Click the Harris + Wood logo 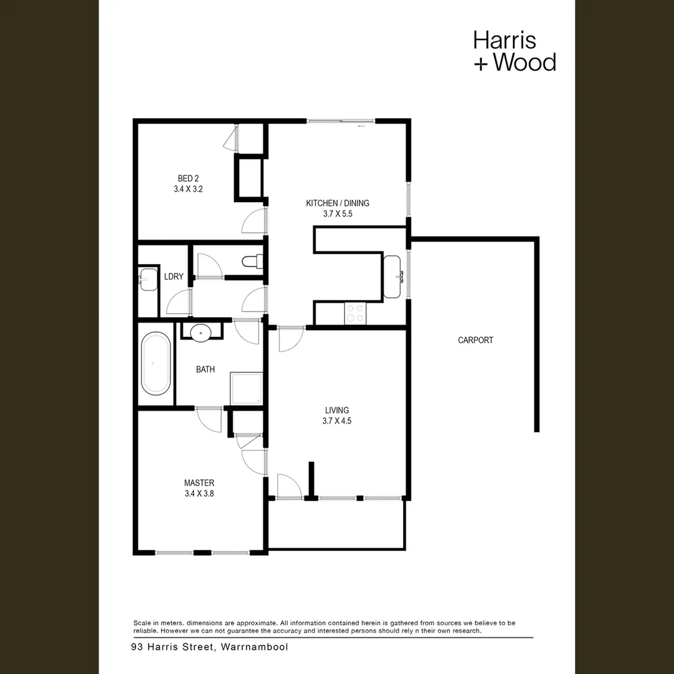[514, 51]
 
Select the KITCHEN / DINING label [337, 203]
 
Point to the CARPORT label [476, 340]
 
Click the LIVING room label [337, 410]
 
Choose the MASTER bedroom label [199, 482]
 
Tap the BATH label [205, 369]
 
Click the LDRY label [173, 276]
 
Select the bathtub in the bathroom [155, 364]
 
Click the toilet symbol [253, 262]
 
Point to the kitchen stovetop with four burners [355, 312]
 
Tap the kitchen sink [393, 276]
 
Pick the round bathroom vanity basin [201, 332]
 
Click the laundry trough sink [148, 279]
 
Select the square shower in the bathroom [247, 388]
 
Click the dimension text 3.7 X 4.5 [337, 421]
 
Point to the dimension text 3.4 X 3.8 [199, 493]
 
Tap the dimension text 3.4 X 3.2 [188, 188]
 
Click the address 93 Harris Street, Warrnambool [210, 647]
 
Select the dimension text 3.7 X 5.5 [337, 213]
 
